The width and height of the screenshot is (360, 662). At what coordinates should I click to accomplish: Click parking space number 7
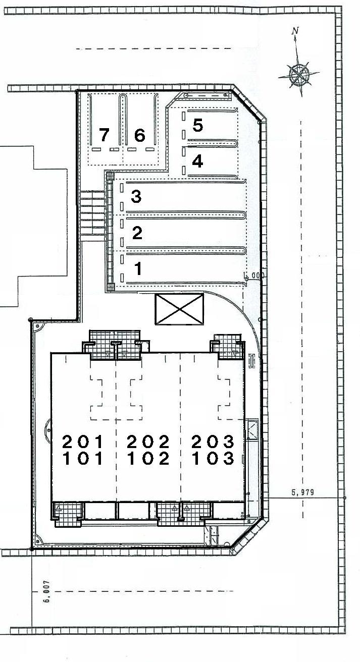tap(104, 135)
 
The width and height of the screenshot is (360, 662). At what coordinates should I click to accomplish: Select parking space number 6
tap(140, 135)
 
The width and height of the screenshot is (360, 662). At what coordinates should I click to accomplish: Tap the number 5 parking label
tap(197, 125)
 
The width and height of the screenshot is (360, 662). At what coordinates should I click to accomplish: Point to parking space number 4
tap(197, 161)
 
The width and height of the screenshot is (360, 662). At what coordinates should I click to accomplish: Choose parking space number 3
tap(136, 197)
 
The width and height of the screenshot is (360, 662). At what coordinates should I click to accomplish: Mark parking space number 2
tap(137, 233)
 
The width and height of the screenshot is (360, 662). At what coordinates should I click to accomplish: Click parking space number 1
tap(138, 268)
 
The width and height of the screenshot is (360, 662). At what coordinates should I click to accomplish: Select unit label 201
tap(83, 442)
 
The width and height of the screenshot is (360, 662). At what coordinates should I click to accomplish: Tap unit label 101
tap(83, 459)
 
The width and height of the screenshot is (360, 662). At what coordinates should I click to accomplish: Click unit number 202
tap(148, 442)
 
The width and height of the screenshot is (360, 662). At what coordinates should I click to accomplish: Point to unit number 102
tap(148, 459)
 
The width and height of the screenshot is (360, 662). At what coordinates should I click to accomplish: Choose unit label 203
tap(213, 442)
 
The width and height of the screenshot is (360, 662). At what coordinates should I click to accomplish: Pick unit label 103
tap(213, 459)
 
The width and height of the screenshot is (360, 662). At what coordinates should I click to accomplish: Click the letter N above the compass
tap(295, 30)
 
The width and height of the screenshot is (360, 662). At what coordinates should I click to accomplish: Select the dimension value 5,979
tap(302, 492)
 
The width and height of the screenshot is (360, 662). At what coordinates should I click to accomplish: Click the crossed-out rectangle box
tap(180, 309)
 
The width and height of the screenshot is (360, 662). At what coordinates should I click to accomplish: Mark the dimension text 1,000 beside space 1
tap(254, 275)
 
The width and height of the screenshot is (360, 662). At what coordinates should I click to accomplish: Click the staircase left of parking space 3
tap(92, 213)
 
